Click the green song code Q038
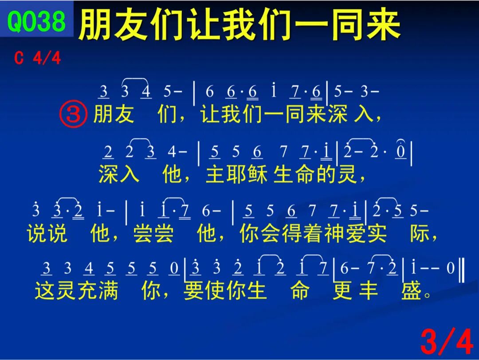point(36,21)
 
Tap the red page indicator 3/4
point(447,342)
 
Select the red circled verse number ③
point(73,115)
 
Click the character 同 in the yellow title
point(347,24)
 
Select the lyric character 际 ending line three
point(420,234)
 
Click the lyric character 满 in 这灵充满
point(108,290)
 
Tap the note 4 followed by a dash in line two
point(172,152)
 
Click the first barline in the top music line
point(194,93)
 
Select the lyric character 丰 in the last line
point(369,290)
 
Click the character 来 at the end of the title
point(384,24)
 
